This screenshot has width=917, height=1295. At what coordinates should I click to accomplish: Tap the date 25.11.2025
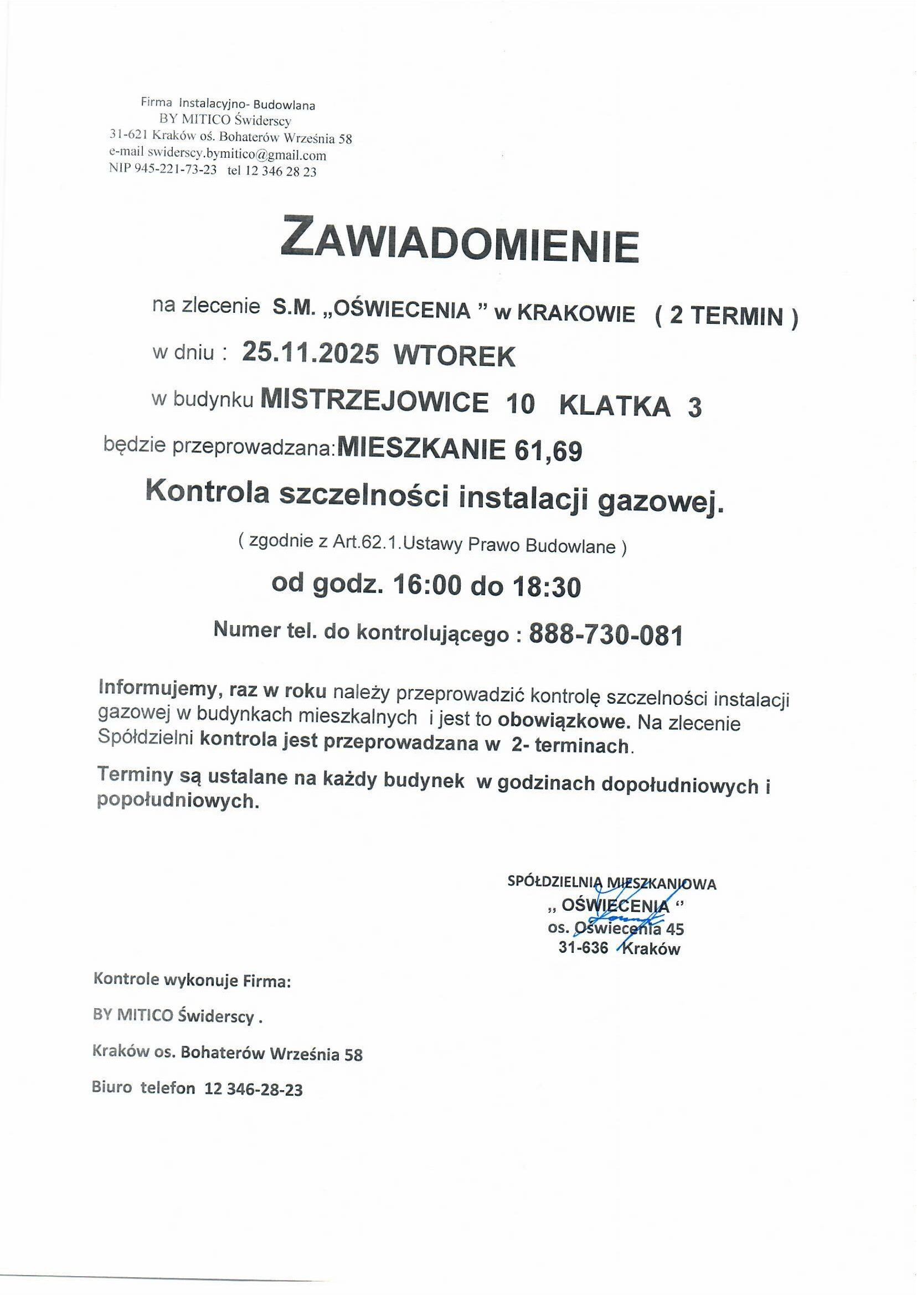pos(310,354)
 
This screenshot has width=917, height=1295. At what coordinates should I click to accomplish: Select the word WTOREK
pos(454,355)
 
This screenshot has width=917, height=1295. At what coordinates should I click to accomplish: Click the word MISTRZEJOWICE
pos(374,402)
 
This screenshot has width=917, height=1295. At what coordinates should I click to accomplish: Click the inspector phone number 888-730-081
pos(605,635)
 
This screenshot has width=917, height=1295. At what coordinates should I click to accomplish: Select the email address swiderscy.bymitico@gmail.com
pos(236,154)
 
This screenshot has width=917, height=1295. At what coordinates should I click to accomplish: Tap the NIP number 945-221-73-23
pos(175,171)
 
